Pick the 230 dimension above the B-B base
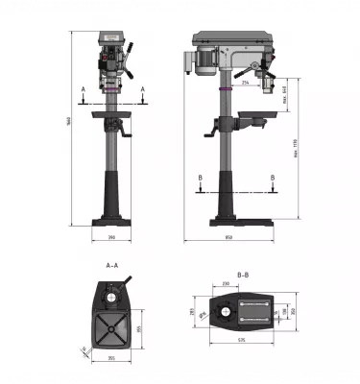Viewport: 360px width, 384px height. click(x=226, y=284)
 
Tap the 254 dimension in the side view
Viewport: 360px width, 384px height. click(x=246, y=84)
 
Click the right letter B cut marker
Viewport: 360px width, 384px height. click(x=274, y=178)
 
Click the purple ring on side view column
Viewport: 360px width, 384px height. click(x=227, y=88)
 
